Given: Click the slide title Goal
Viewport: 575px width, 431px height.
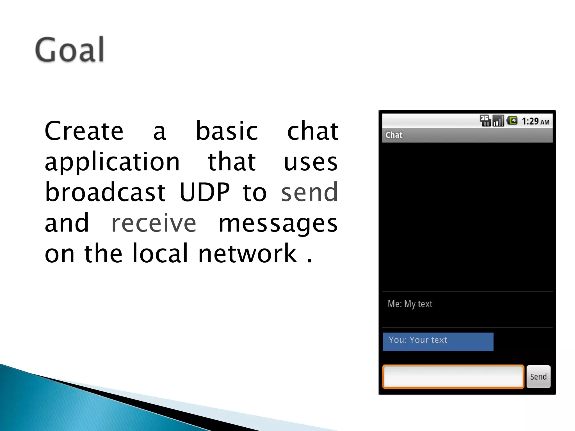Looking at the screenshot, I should [70, 50].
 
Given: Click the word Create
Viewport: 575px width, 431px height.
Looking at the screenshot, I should [84, 131].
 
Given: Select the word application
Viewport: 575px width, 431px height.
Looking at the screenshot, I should [112, 163].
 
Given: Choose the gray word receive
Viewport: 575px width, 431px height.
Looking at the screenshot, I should [154, 223].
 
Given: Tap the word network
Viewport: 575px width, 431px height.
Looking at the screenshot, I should [247, 253].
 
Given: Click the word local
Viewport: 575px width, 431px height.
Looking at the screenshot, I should [160, 253].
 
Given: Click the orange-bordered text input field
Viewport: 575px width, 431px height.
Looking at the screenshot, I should [453, 377].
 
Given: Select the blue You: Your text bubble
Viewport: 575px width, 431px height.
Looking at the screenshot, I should [438, 341].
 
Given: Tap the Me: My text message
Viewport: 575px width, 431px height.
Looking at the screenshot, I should [410, 304].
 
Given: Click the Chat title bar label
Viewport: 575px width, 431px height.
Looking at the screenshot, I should [394, 135].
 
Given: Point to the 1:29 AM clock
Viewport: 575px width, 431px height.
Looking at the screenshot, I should [535, 121].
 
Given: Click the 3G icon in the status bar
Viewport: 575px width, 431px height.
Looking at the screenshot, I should [485, 121].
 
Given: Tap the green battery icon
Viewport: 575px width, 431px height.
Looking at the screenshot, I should [512, 121].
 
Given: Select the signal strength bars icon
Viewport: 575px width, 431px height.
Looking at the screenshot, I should [498, 121].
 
